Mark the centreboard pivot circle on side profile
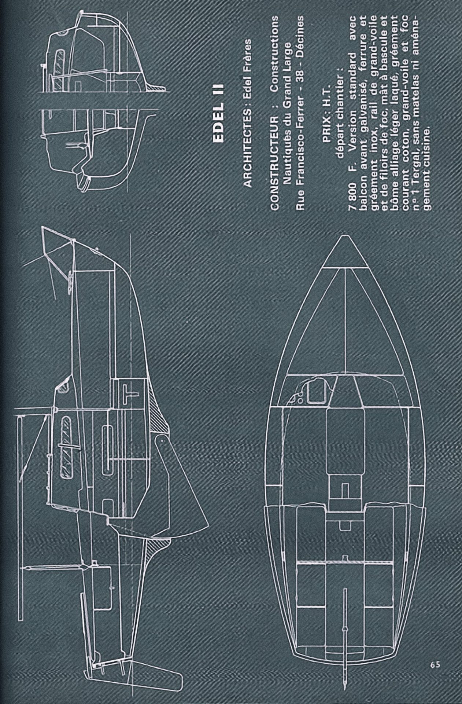[x=160, y=439]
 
